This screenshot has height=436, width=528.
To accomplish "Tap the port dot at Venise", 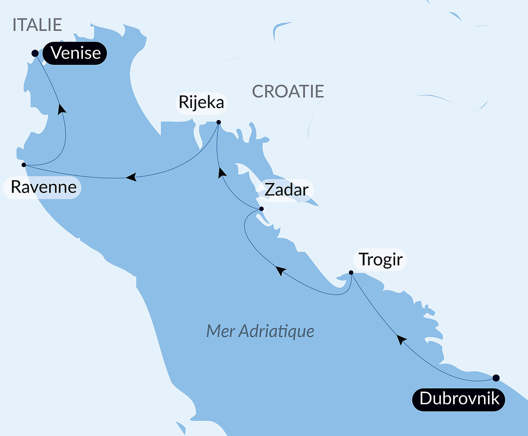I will coord(35,54).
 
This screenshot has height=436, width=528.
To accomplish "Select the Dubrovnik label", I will coord(459,399).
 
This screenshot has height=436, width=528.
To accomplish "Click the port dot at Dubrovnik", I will coord(496,378).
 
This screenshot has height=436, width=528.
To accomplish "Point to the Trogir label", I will coord(380,259).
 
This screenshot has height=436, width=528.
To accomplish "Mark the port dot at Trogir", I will coord(351,272).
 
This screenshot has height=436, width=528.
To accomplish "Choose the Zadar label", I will coord(286,190).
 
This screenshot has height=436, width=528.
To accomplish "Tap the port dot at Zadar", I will coord(261,209).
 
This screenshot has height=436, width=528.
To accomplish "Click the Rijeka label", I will coord(201,102).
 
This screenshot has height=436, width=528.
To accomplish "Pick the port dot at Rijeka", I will coord(218,122).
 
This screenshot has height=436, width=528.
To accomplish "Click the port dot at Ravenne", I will coord(24,165).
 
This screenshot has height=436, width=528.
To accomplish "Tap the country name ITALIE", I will coord(37,25).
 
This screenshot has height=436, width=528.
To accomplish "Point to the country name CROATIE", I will coord(288,91).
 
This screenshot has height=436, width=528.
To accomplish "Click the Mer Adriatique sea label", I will coord(260,331).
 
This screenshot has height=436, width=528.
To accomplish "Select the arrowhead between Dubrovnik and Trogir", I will coord(401,339).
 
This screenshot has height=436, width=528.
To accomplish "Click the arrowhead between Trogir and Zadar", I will coord(280,270).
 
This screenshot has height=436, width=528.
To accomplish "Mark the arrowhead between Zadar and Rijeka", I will coord(222,173).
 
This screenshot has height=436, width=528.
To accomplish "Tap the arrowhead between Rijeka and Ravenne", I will coord(131,177).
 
